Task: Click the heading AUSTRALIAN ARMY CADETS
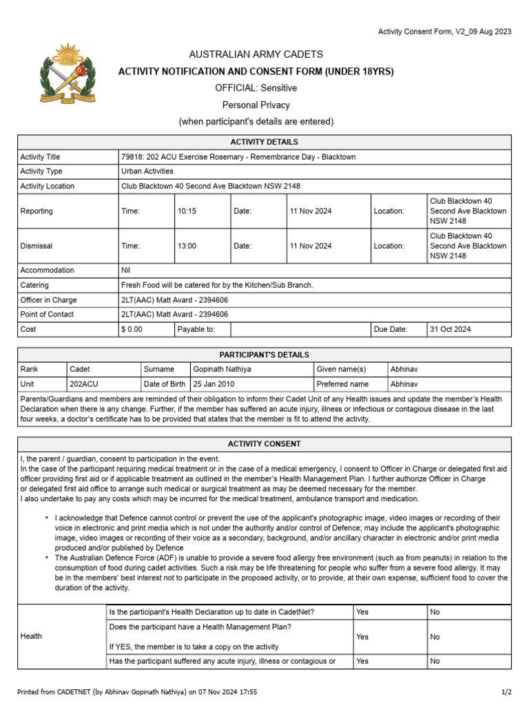256,54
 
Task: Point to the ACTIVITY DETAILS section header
264,142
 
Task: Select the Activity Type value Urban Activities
147,171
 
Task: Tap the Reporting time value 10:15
187,211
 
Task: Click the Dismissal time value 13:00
187,246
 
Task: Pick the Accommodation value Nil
126,271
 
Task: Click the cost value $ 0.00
132,329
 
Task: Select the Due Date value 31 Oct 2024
450,329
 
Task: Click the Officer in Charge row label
49,300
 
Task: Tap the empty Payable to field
299,329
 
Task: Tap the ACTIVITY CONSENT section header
264,444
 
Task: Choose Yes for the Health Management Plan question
362,637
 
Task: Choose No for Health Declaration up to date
435,611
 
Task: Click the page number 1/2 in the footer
506,690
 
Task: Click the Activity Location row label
48,186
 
